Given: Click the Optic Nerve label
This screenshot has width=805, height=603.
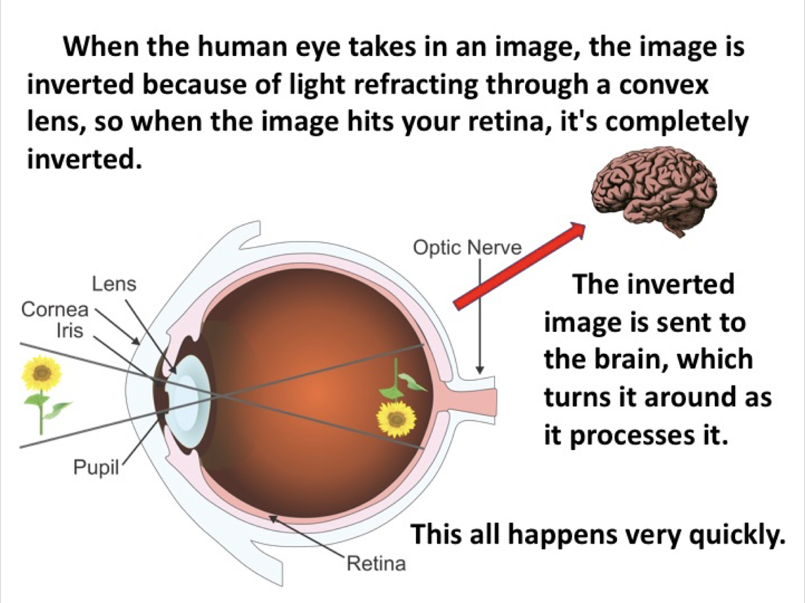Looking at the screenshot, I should click(x=467, y=248).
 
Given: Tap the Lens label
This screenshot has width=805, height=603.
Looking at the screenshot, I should click(x=114, y=284).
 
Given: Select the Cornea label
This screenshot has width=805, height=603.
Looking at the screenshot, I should click(x=54, y=309).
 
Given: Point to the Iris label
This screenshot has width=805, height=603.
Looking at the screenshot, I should click(x=69, y=331).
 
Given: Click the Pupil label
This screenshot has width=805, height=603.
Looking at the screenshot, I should click(x=96, y=468).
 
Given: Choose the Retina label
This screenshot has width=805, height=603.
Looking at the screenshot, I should click(x=376, y=563).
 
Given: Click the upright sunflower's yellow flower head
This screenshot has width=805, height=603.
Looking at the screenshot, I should click(x=42, y=373).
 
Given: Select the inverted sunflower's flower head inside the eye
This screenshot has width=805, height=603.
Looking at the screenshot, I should click(x=396, y=418).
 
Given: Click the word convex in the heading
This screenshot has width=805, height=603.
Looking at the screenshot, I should click(x=663, y=85).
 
